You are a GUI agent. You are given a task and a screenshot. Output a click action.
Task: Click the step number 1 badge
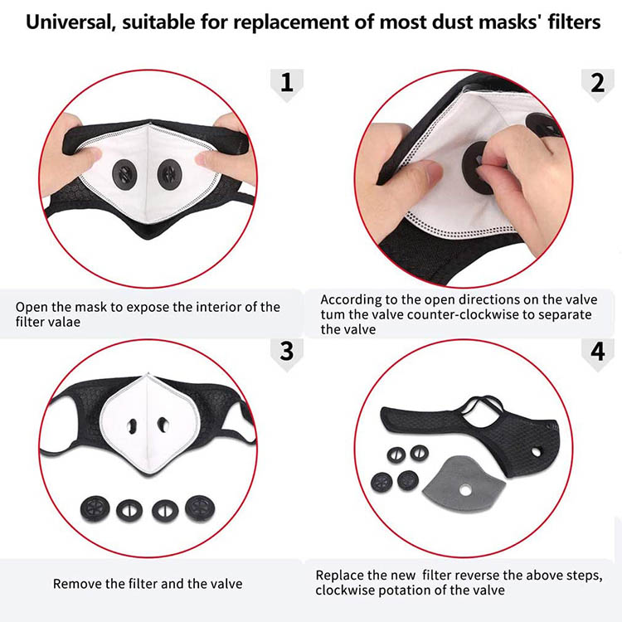point(287,84)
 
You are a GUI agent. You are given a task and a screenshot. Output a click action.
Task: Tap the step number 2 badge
point(597,84)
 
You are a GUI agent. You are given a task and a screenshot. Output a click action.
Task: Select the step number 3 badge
point(287,352)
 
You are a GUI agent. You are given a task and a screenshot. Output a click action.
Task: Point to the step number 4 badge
point(597,352)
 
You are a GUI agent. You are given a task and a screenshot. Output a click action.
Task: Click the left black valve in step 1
point(124,174)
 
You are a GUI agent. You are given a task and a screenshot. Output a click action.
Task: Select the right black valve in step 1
point(169,174)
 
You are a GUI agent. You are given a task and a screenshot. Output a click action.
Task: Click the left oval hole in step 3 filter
point(132,426)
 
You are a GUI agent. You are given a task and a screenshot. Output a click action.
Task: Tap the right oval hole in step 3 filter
point(163,425)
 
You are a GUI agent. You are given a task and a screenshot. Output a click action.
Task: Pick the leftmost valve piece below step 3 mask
point(95,509)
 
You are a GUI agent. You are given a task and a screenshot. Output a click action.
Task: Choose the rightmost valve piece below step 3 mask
point(200,508)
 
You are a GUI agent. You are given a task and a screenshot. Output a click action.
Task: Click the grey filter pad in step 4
point(464,484)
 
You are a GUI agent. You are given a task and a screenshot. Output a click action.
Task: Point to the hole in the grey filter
point(465,491)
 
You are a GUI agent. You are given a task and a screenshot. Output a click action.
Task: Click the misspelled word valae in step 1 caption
point(64,322)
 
